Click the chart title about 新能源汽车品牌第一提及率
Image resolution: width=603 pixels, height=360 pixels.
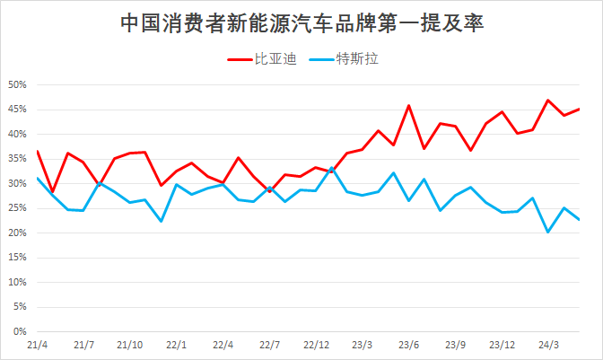pos(301,22)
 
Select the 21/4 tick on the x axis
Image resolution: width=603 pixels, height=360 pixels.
pos(38,345)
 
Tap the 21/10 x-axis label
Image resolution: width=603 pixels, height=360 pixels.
pos(131,345)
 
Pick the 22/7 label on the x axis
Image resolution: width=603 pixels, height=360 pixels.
pos(270,345)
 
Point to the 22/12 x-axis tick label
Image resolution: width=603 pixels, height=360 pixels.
pos(316,345)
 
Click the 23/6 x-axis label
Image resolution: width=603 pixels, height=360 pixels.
pos(409,345)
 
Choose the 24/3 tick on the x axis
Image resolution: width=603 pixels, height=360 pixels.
pos(548,345)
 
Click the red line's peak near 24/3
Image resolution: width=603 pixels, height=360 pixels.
pos(548,101)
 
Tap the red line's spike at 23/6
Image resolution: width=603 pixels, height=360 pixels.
pos(409,106)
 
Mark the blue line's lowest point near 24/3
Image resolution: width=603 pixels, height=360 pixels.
pos(548,232)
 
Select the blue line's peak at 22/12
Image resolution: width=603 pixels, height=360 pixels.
pos(331,168)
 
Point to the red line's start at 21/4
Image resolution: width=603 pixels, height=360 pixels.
pos(38,151)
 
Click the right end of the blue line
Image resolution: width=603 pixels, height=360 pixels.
pos(579,219)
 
